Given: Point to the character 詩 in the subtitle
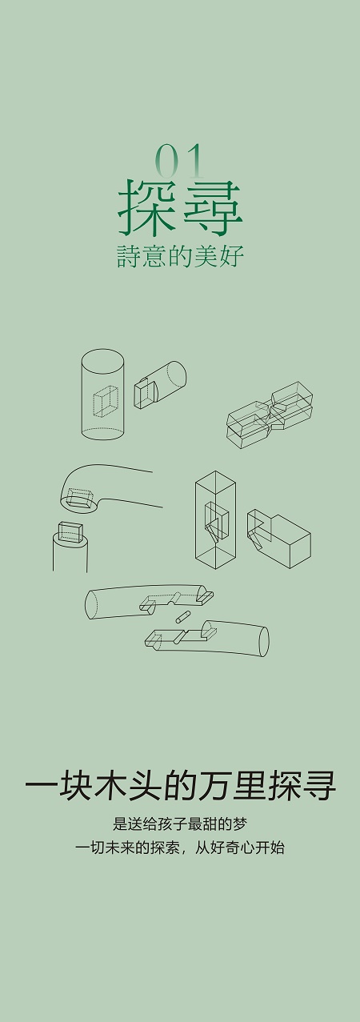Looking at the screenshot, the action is click(x=128, y=257).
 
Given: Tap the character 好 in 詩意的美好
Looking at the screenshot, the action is click(x=232, y=257).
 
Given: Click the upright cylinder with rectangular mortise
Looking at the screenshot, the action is click(x=102, y=395).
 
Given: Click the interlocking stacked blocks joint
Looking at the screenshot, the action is click(x=270, y=415).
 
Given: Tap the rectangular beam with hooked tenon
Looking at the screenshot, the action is click(x=278, y=539).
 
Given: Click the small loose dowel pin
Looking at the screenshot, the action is click(x=182, y=616).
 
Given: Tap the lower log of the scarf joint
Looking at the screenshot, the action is click(x=206, y=638).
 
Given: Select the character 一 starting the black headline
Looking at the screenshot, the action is click(x=41, y=786).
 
